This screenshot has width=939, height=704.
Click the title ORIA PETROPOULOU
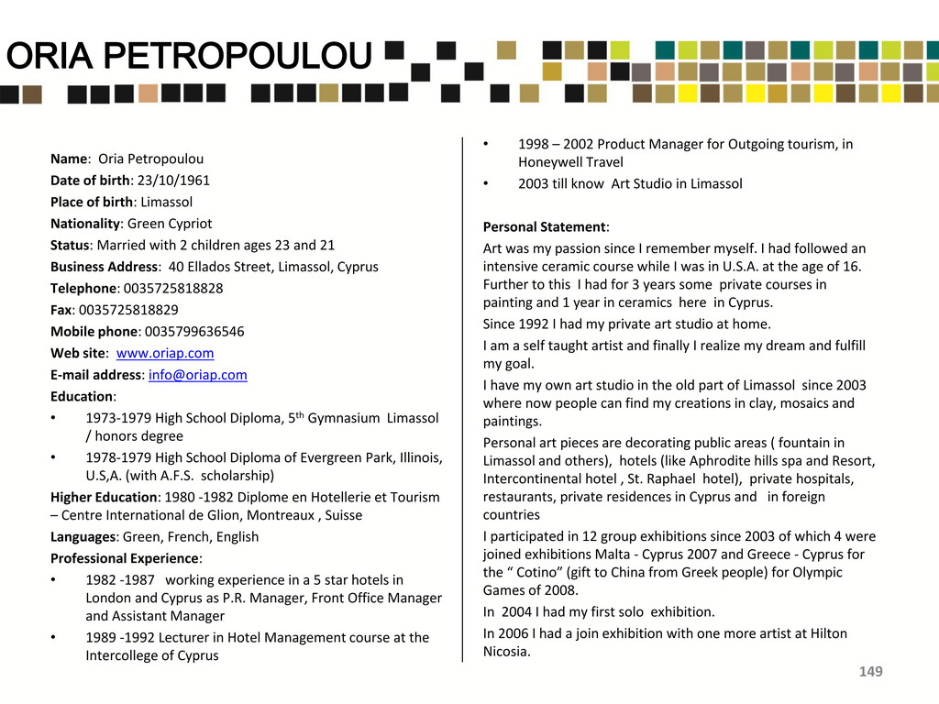click(188, 58)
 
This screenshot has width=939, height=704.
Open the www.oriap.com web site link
click(165, 353)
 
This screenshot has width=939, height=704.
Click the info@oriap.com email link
click(197, 375)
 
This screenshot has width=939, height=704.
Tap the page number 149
click(870, 673)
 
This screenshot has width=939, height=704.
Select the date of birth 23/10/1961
click(173, 181)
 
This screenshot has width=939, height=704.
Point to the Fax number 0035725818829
click(128, 310)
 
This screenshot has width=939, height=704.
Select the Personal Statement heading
click(545, 227)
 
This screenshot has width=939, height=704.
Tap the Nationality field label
click(85, 224)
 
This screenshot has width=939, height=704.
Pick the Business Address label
click(104, 267)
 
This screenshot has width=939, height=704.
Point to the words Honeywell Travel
click(570, 162)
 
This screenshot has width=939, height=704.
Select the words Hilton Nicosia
click(507, 652)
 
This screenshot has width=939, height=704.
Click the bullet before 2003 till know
click(487, 183)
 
